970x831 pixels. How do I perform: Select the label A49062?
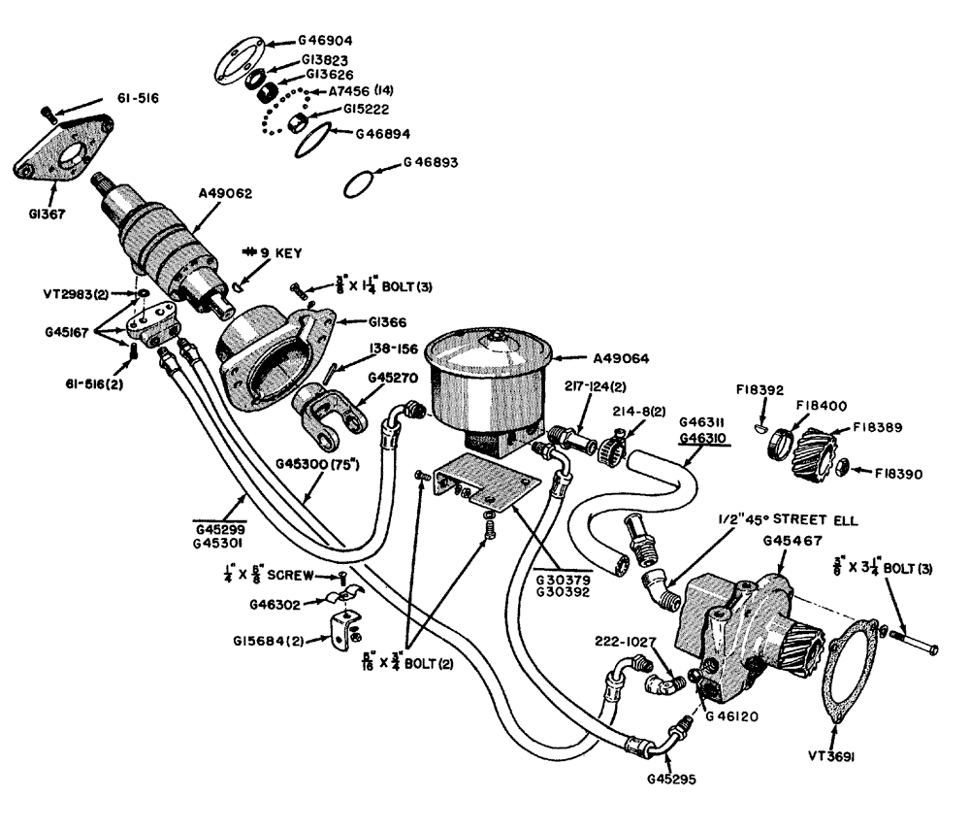(x=226, y=193)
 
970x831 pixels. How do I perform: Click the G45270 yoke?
(x=328, y=409)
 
